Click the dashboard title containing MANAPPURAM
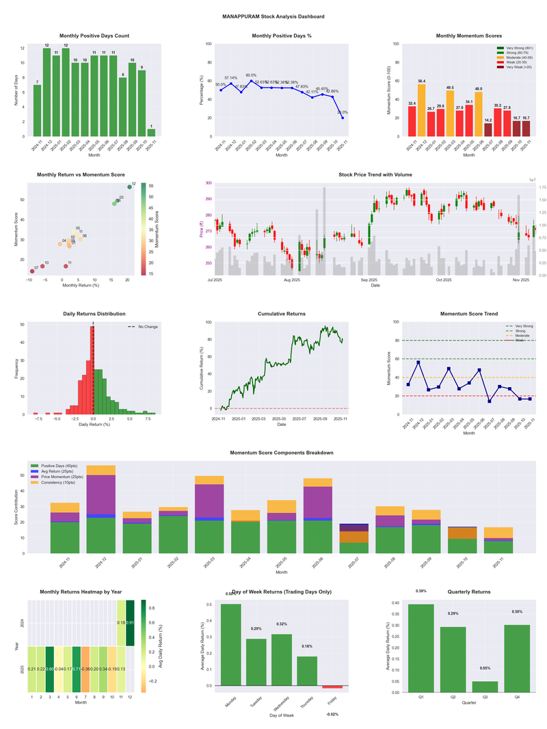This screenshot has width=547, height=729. [x=273, y=16]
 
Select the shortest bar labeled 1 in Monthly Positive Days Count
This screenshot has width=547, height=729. [x=151, y=133]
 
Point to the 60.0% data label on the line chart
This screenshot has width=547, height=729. [x=251, y=76]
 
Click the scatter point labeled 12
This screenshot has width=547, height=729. [x=129, y=187]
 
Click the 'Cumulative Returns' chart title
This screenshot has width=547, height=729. [x=281, y=314]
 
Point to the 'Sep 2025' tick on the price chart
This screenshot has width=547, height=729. [x=369, y=280]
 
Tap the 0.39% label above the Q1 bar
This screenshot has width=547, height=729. [x=421, y=592]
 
